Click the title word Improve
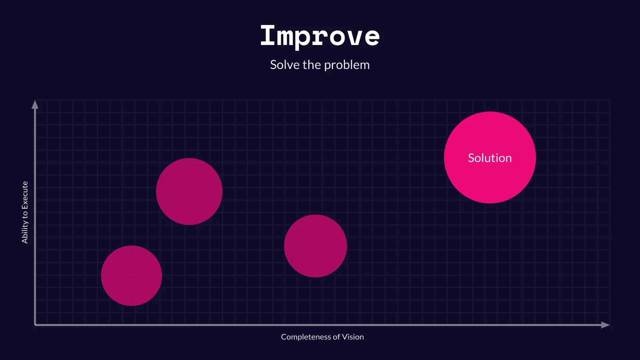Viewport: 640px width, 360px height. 320,36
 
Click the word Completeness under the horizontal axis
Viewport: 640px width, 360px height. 306,337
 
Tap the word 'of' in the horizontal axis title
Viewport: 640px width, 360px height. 336,337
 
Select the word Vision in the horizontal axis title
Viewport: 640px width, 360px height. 353,337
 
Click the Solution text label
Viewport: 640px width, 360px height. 490,158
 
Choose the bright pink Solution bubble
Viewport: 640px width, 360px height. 490,180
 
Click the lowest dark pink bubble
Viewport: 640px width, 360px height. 131,276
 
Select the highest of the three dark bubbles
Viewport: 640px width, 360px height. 189,191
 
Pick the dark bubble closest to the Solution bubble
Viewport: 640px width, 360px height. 315,246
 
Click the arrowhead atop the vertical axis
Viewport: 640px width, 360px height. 35,105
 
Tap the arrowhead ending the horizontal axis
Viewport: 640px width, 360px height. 605,325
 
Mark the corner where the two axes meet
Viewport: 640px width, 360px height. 35,325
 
